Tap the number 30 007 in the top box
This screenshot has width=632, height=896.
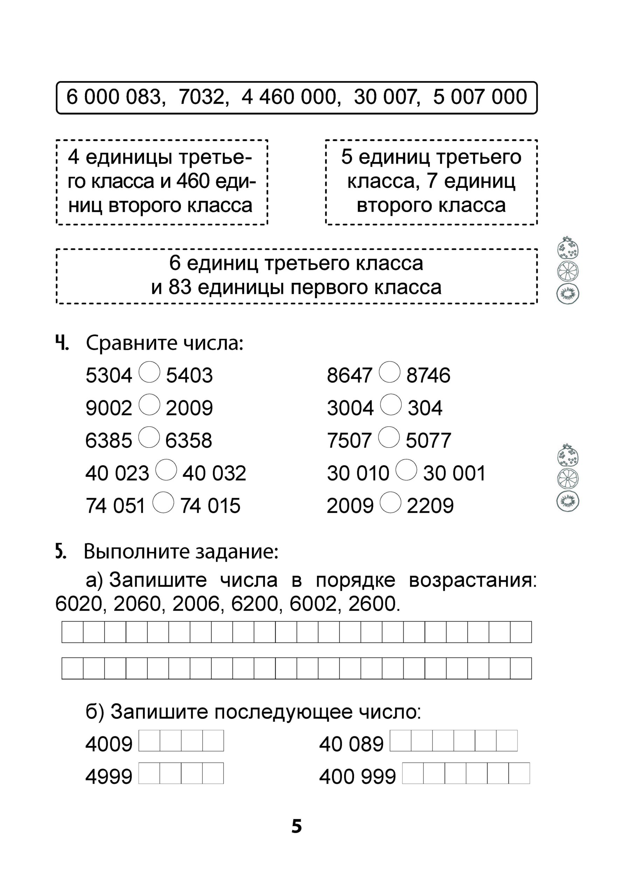pos(386,97)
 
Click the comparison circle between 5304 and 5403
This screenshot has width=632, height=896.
pos(150,372)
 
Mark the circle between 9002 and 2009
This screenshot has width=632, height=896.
pos(150,405)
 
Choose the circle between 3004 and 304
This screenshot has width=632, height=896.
pos(391,405)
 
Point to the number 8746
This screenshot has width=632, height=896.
pos(428,376)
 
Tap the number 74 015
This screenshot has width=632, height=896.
pos(210,506)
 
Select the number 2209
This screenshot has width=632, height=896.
pos(430,506)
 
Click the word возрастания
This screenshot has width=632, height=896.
pos(473,580)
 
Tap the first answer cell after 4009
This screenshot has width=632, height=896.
pos(150,741)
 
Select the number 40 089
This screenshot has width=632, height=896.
pos(351,744)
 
